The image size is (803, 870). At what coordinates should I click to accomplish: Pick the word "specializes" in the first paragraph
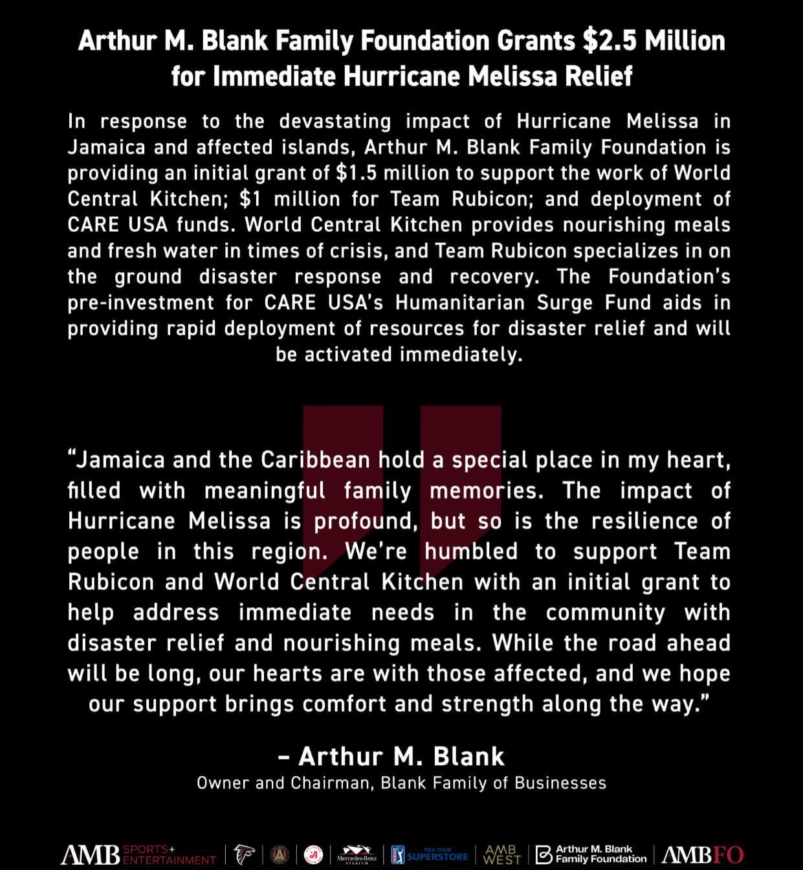pyautogui.click(x=628, y=251)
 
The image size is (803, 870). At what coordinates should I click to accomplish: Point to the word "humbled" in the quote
pyautogui.click(x=471, y=552)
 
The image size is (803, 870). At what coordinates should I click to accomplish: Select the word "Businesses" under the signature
pyautogui.click(x=560, y=783)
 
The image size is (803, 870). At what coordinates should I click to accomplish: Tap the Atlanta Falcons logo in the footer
pyautogui.click(x=245, y=854)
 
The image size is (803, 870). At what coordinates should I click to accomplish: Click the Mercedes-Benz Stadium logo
pyautogui.click(x=357, y=854)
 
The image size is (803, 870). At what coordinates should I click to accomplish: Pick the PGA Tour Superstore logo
pyautogui.click(x=430, y=854)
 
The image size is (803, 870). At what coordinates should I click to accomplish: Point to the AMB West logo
pyautogui.click(x=502, y=854)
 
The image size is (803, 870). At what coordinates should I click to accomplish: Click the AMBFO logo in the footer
pyautogui.click(x=703, y=855)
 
